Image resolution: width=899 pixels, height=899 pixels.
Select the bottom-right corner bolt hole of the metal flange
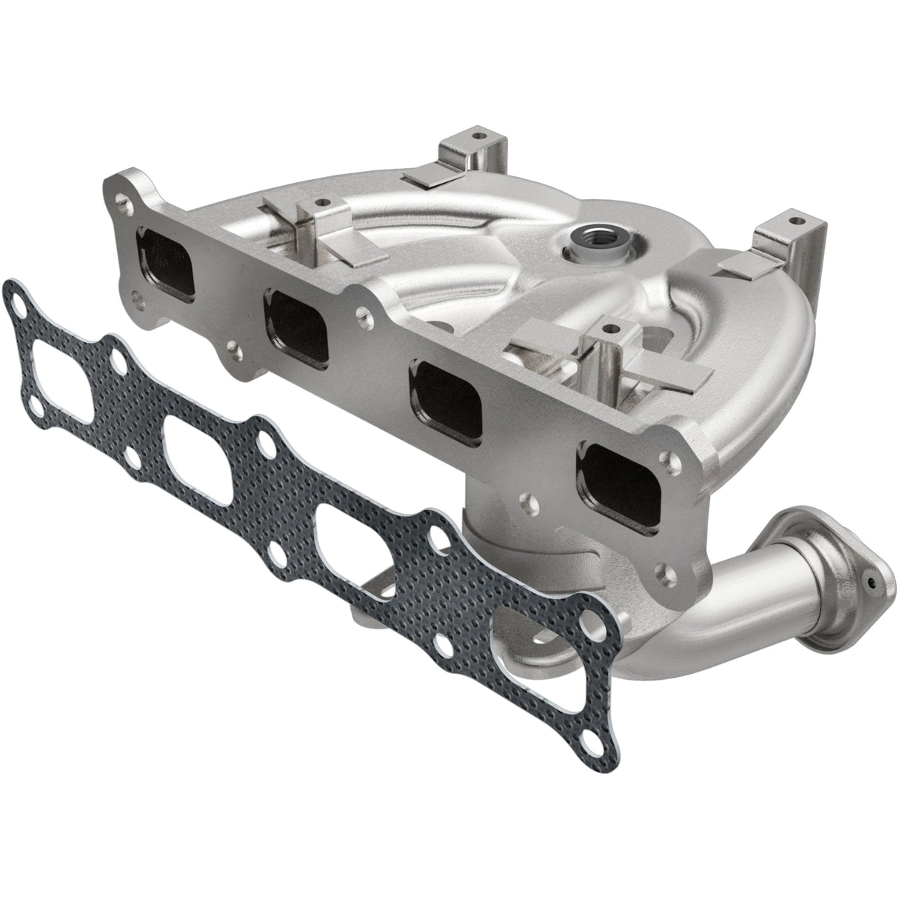point(663,572)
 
